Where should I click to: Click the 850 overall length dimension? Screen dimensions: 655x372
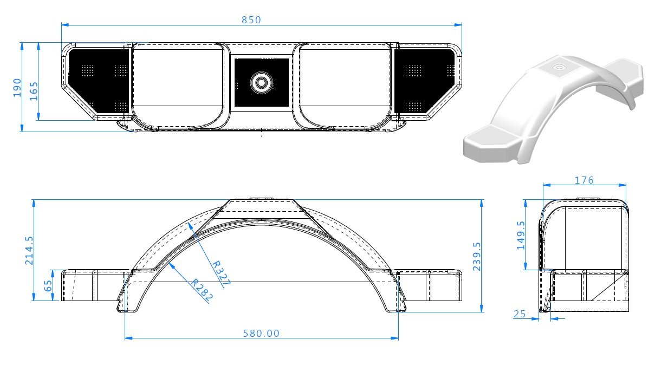(x=251, y=20)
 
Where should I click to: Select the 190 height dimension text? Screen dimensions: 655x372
(x=17, y=87)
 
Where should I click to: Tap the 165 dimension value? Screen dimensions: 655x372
(x=34, y=91)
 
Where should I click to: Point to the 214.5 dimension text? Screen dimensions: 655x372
(x=29, y=250)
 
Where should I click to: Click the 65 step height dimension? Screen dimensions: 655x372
(x=48, y=285)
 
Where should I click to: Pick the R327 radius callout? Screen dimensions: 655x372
(x=221, y=273)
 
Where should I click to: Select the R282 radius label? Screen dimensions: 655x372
(x=202, y=290)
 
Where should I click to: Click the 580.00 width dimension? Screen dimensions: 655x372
(x=261, y=333)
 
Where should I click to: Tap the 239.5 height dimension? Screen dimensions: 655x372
(x=477, y=256)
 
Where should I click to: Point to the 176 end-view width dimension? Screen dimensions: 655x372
(x=584, y=180)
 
